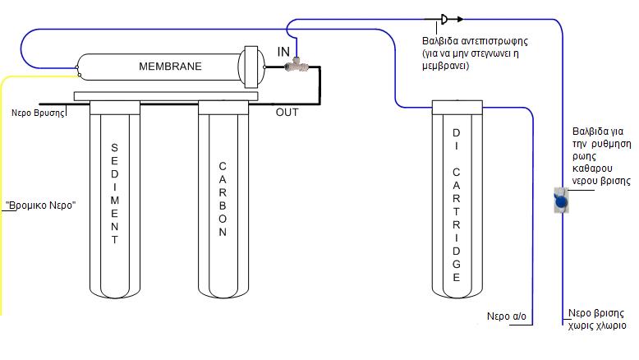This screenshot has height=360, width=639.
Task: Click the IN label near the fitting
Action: point(283,52)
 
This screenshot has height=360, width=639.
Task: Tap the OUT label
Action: point(287,113)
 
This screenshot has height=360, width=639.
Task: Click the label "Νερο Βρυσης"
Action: point(38,113)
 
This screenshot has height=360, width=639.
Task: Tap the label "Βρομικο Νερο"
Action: point(40,205)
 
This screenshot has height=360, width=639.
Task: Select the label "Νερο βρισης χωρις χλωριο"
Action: point(597,320)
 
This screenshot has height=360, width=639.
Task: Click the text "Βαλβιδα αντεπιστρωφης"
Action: point(467,40)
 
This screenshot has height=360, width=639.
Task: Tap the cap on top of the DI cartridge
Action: point(455,107)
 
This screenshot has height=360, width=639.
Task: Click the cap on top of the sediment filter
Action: point(115,106)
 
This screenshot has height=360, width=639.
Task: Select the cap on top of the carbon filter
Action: point(222,106)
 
